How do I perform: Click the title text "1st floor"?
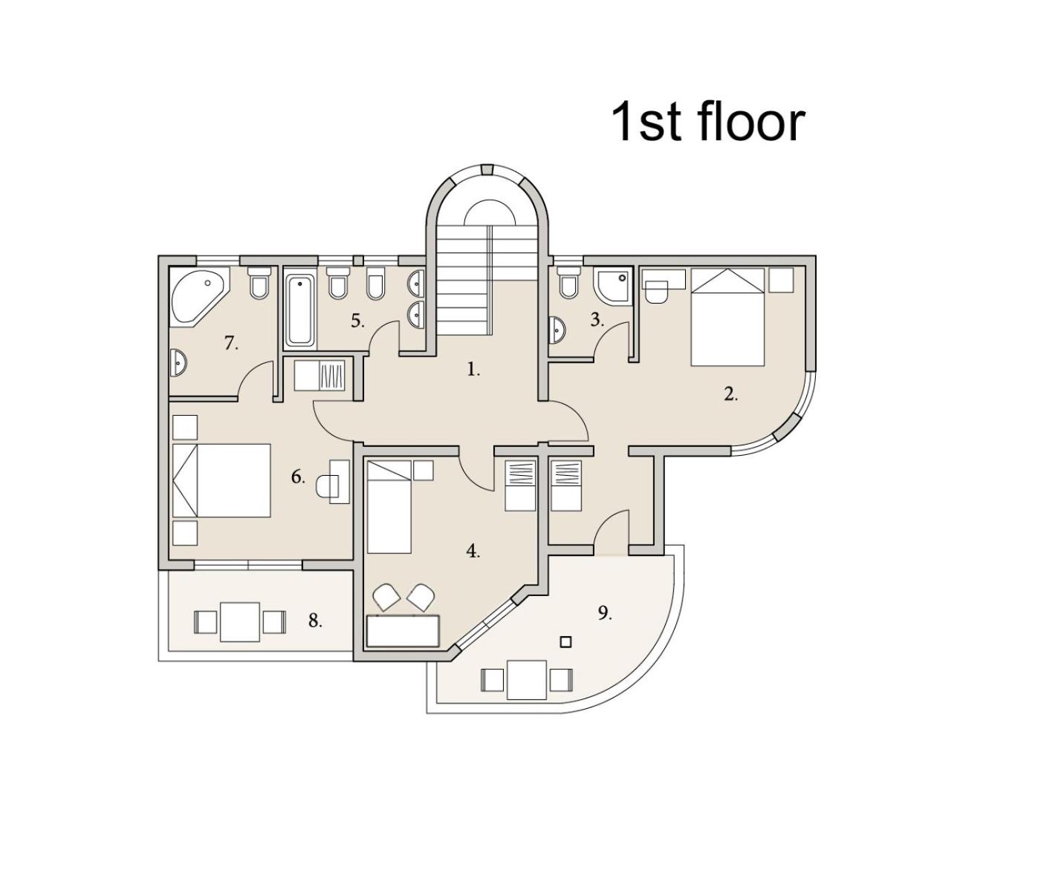pos(708,122)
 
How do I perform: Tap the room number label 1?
pos(473,370)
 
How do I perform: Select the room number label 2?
pos(730,394)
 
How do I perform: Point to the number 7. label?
pos(230,344)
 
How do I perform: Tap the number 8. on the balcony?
pos(315,621)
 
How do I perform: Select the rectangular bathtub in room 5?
pos(300,309)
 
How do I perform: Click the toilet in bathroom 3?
pos(568,282)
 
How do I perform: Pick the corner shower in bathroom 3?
pos(612,286)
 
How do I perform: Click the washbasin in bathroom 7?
pos(178,362)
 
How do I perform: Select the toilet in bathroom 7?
pos(259,283)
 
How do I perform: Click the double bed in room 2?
pos(727,317)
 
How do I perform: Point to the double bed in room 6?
pos(221,480)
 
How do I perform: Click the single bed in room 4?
pos(389,507)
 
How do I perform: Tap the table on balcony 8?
pos(240,621)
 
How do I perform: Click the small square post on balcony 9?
pos(566,642)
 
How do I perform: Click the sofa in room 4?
pos(403,631)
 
